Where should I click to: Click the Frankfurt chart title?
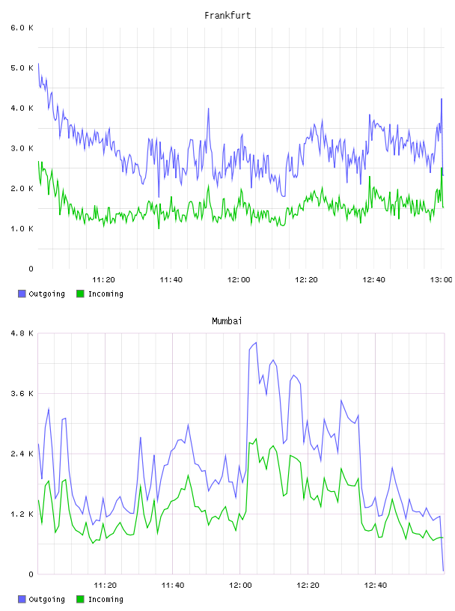click(227, 16)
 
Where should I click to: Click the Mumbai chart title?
click(227, 321)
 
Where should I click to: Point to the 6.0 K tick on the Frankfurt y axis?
click(22, 28)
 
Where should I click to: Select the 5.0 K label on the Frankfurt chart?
click(22, 68)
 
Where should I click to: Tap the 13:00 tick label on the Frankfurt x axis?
click(442, 280)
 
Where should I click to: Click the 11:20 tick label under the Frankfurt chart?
click(103, 280)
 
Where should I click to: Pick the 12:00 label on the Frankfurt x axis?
click(239, 280)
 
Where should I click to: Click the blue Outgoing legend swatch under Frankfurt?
click(22, 294)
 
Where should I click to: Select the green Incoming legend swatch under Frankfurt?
click(80, 294)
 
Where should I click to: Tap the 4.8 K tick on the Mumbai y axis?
click(22, 333)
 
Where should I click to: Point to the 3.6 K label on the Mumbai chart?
click(22, 394)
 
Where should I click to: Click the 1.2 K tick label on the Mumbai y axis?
click(22, 514)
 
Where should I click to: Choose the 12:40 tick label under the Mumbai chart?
click(376, 586)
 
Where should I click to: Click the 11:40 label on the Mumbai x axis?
click(173, 586)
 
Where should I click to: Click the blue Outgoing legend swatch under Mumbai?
click(22, 599)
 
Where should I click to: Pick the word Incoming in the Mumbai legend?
click(106, 599)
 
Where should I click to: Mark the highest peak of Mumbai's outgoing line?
click(256, 342)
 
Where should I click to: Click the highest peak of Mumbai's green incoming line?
click(256, 439)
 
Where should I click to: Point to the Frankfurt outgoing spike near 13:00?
click(442, 99)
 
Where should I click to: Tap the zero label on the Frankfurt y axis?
click(31, 269)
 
